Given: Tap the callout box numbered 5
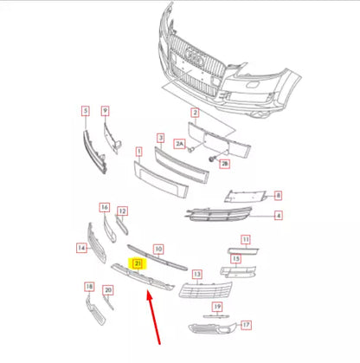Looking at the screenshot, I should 86,111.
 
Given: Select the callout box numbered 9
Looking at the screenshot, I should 106,111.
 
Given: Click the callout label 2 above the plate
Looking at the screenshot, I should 195,113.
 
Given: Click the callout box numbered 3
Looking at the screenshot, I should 160,138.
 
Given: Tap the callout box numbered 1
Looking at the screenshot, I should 138,152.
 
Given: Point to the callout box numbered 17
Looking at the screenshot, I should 246,326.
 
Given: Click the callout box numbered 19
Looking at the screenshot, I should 218,307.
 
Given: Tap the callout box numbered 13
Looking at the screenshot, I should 197,275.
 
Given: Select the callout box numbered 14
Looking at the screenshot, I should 81,247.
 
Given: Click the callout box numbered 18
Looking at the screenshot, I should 89,286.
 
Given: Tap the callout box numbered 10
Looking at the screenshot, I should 158,248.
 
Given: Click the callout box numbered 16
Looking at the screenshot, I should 105,208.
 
